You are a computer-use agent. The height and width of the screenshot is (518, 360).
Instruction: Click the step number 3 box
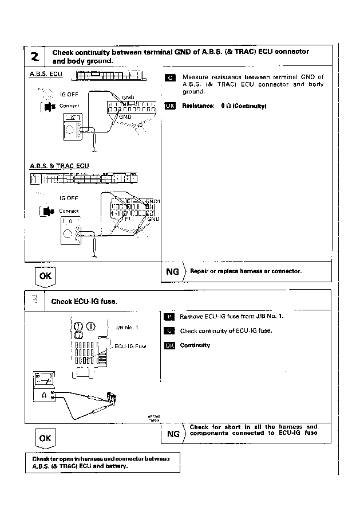click(36, 300)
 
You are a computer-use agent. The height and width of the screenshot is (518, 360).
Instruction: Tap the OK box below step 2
click(45, 276)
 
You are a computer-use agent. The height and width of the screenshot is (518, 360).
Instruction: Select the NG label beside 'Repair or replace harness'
click(172, 271)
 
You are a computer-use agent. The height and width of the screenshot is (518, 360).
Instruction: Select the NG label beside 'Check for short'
click(172, 434)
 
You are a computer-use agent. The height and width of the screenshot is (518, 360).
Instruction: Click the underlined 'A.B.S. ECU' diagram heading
click(46, 75)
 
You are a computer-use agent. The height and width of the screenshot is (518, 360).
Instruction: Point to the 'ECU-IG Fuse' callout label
click(130, 346)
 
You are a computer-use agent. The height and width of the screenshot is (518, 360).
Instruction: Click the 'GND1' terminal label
click(153, 201)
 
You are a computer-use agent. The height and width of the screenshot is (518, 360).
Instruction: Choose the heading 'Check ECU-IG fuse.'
click(88, 301)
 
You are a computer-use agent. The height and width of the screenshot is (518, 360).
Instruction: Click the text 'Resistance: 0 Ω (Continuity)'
click(224, 106)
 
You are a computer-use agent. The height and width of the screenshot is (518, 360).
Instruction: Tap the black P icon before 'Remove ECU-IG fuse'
click(169, 317)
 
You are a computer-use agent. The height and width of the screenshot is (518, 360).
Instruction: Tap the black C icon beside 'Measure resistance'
click(169, 77)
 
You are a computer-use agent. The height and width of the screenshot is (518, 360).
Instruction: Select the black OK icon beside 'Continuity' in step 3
click(169, 345)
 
